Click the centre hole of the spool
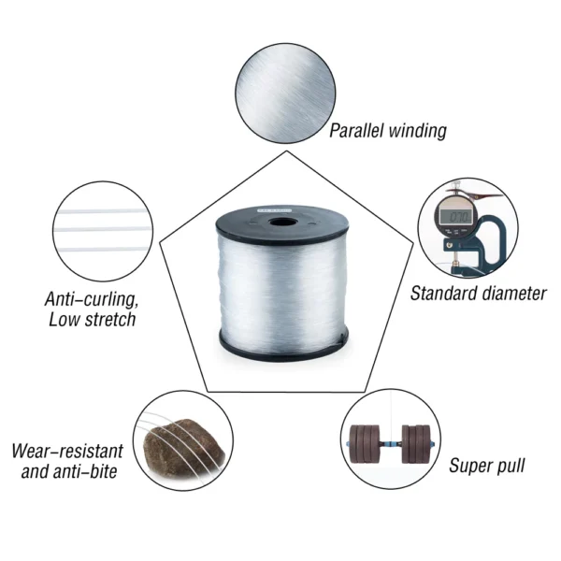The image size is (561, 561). (282, 223)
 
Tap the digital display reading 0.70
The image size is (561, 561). (455, 216)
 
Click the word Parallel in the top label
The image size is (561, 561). (356, 130)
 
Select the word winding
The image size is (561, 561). (418, 131)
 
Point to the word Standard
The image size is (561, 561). (442, 294)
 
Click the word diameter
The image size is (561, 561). (512, 294)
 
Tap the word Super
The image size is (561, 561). (468, 466)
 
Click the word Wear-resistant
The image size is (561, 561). (67, 451)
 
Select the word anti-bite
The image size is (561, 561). (85, 471)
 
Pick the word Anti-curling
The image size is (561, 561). (92, 300)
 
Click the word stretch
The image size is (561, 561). (108, 320)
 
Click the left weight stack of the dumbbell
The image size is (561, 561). (365, 443)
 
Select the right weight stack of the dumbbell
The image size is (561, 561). (416, 443)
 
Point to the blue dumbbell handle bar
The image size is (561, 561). (390, 445)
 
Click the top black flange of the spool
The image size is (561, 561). (282, 224)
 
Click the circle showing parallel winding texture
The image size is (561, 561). (285, 93)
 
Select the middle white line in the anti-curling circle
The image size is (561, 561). (103, 229)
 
